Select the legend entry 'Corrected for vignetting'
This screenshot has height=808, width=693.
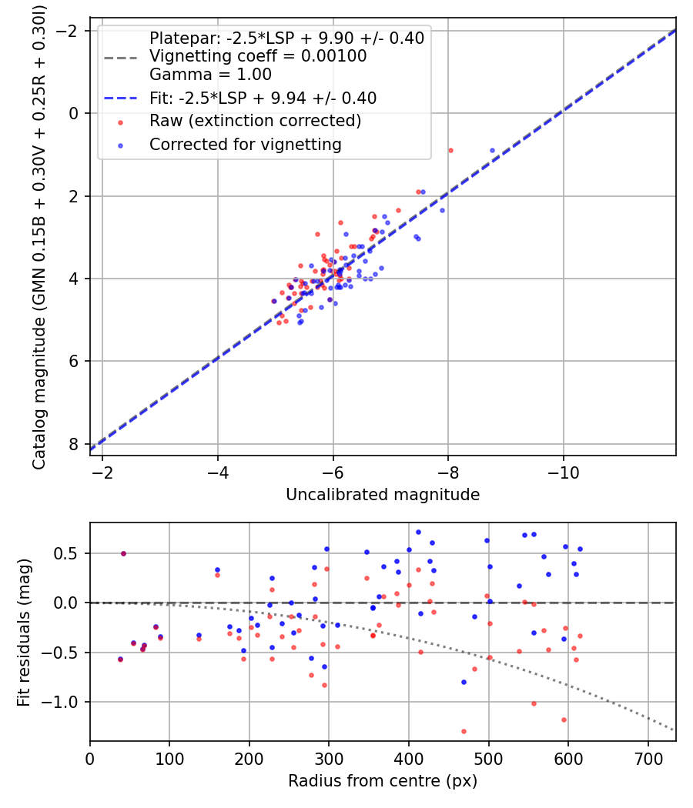point(245,144)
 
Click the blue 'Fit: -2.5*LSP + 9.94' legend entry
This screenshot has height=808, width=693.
point(263,98)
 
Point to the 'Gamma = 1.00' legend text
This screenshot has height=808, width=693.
point(210,75)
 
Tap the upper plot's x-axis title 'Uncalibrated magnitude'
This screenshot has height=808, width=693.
point(383,495)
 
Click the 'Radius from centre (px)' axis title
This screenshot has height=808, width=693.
point(383,781)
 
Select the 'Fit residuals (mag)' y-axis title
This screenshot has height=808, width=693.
point(24,631)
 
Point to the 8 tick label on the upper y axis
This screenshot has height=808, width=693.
point(74,444)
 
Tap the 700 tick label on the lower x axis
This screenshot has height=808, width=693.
point(648,758)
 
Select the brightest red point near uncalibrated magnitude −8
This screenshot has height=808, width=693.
point(450,150)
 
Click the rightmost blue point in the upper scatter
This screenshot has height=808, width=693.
point(492,150)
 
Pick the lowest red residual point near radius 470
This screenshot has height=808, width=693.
point(464,731)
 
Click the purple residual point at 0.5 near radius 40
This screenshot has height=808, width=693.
point(123,553)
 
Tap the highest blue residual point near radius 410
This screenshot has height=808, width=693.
point(418,532)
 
